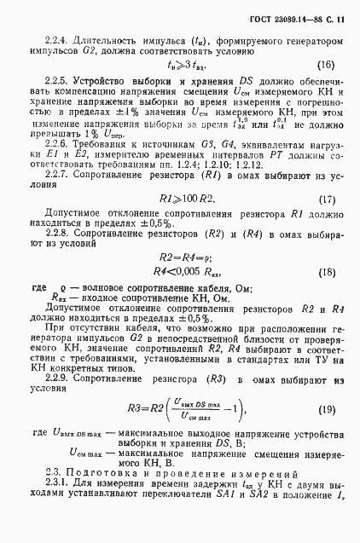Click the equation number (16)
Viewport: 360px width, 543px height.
point(326,65)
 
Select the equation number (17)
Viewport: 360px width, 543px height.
point(326,223)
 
